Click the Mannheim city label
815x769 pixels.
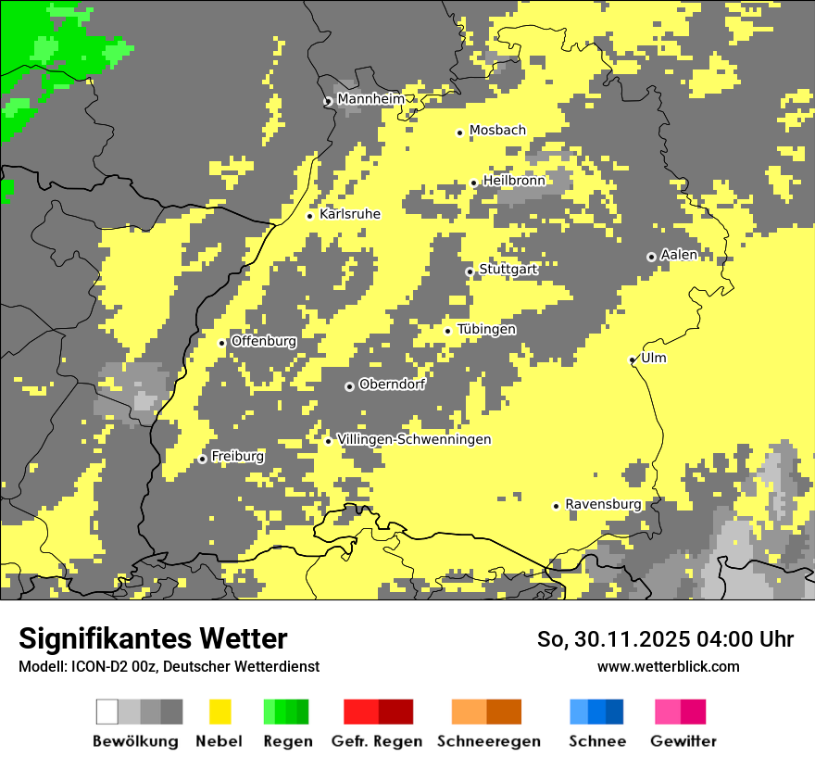coord(370,99)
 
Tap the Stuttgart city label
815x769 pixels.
coord(508,270)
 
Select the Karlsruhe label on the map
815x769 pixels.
coord(350,214)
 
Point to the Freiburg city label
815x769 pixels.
coord(237,457)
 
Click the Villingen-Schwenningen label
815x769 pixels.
coord(414,440)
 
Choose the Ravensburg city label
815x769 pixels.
coord(603,505)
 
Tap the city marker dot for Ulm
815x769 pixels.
coord(633,360)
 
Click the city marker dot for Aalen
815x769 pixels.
coord(651,257)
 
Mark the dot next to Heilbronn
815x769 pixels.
coord(473,183)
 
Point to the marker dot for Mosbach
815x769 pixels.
coord(459,132)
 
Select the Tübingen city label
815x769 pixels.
coord(486,330)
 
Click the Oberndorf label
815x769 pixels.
coord(392,384)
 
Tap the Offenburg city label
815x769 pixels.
coord(264,341)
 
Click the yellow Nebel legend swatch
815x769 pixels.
coord(220,712)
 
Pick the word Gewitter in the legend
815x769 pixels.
coord(683,741)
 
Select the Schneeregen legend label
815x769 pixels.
coord(489,741)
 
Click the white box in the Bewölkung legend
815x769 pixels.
coord(107,712)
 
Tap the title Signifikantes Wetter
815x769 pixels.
coord(153,638)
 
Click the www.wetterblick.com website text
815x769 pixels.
coord(668,666)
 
